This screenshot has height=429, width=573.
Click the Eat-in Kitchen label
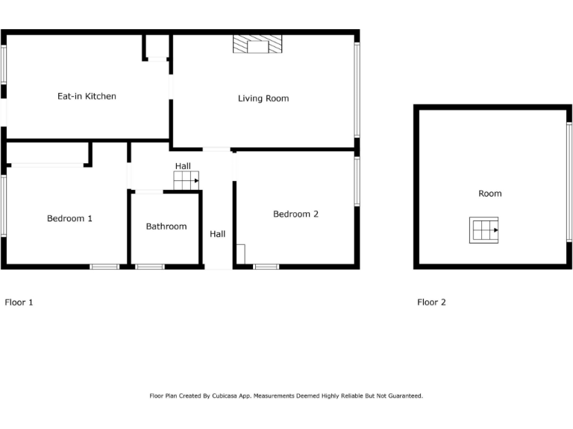click(x=87, y=96)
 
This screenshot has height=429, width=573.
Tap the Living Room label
click(x=263, y=98)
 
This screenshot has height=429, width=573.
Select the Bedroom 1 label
click(x=69, y=218)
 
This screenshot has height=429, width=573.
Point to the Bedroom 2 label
click(x=295, y=214)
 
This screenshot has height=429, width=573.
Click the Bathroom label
click(x=166, y=226)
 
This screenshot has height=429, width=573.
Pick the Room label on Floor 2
click(x=490, y=194)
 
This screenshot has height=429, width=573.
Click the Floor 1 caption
click(x=19, y=302)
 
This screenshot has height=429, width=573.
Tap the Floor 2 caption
click(x=431, y=302)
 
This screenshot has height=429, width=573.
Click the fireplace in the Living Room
click(x=257, y=45)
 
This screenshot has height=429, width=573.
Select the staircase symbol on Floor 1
click(x=187, y=180)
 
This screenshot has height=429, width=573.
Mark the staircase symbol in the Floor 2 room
click(x=483, y=230)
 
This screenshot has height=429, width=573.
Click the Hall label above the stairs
click(x=183, y=165)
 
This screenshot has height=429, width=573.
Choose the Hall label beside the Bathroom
click(x=217, y=234)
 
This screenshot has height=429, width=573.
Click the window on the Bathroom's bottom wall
click(x=150, y=266)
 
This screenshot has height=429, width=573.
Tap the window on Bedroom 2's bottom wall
click(x=266, y=266)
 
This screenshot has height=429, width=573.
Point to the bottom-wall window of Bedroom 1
click(x=104, y=266)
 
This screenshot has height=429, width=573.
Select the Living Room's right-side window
click(x=357, y=89)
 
